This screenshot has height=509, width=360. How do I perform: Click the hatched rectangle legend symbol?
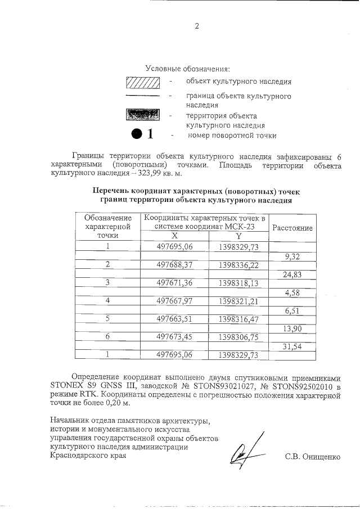[143, 82]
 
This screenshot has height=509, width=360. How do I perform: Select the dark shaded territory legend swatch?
[143, 114]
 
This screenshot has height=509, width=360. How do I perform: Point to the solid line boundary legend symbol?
[143, 97]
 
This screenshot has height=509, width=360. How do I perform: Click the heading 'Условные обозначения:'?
[188, 69]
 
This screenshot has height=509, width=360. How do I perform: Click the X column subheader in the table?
[174, 236]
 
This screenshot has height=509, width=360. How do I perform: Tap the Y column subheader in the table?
[238, 236]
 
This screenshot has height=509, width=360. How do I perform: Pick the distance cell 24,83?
[292, 274]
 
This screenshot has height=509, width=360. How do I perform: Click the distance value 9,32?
[292, 256]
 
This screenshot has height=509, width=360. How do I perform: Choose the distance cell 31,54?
[292, 346]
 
